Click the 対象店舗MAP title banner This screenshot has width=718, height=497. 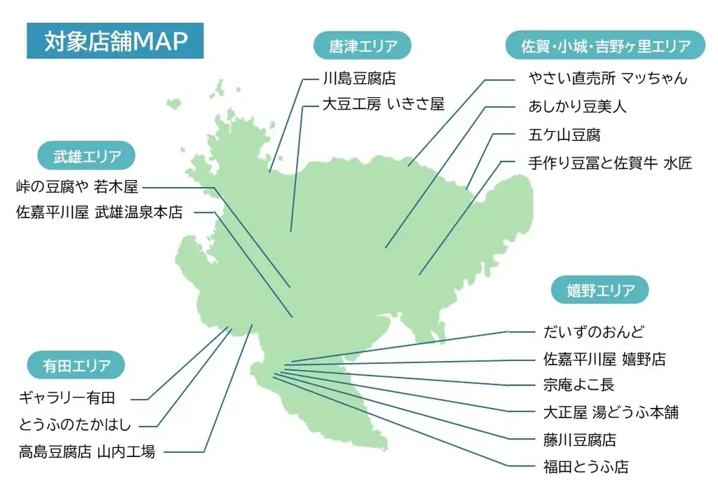point(115,41)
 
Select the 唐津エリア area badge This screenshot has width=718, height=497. point(363,46)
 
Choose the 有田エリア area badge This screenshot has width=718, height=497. point(76,365)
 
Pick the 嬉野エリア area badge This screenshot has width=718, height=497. point(601,290)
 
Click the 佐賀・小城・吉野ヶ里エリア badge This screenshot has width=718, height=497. point(606,46)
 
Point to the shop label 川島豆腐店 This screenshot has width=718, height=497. point(359,79)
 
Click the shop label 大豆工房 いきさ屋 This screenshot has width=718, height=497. point(383,104)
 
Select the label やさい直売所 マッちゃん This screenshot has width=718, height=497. point(607,79)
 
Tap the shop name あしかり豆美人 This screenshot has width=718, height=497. point(577,107)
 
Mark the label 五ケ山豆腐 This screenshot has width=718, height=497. point(564,134)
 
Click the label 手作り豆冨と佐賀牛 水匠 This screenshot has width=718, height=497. point(610,163)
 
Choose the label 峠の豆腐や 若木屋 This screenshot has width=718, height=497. point(77,187)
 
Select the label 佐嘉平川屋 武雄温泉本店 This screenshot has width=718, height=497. point(100,212)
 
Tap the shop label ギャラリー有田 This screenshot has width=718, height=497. point(67,398)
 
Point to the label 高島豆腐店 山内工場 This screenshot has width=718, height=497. point(87,451)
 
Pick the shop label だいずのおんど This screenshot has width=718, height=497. point(593,332)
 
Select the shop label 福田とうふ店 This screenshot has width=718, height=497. point(585,466)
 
